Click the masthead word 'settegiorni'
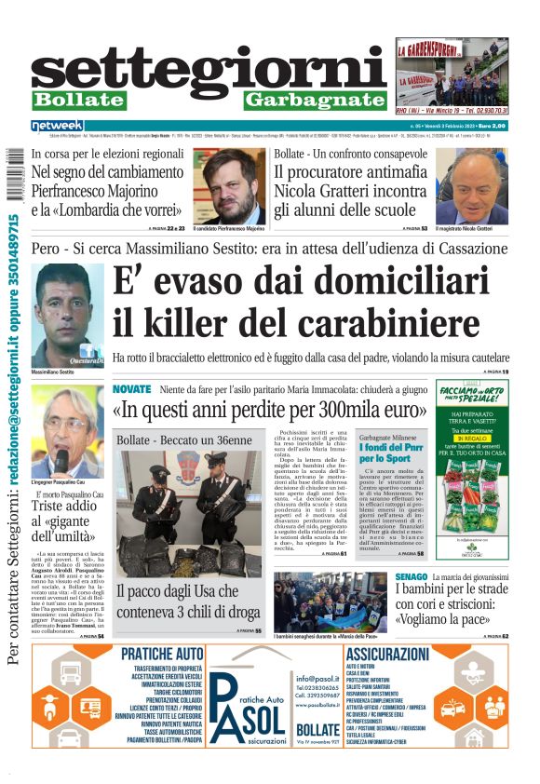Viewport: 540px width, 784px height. [x=209, y=67]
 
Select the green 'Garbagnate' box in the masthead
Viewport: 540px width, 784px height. [x=315, y=100]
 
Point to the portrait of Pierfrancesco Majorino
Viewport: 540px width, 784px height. [x=230, y=185]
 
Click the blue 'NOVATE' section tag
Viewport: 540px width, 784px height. [x=131, y=388]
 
